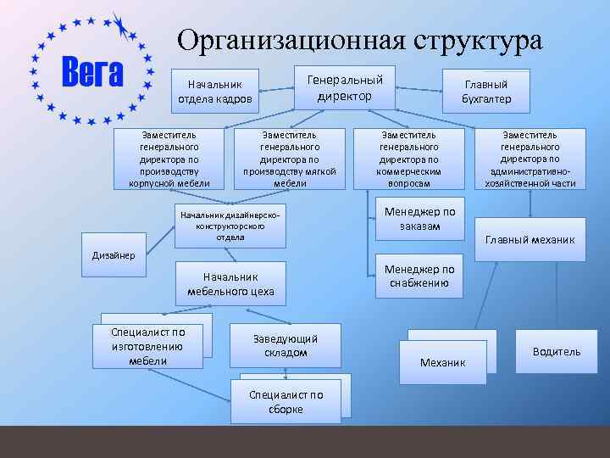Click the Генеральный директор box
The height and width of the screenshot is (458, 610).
click(x=345, y=87)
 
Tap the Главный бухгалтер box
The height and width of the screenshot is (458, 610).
click(x=486, y=92)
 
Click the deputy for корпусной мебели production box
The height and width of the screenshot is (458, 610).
click(x=169, y=159)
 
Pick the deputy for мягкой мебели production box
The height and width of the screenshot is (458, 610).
click(x=290, y=159)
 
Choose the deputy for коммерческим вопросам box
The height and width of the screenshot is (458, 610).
click(x=409, y=159)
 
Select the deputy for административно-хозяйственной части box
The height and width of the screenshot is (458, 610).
click(x=530, y=159)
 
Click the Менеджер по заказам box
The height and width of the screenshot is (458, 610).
click(x=419, y=219)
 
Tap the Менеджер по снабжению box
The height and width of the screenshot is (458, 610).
click(x=419, y=276)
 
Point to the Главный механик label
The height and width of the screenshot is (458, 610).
click(x=530, y=239)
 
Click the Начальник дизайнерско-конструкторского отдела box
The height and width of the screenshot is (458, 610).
click(x=230, y=226)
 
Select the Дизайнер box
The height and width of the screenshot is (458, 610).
click(x=114, y=256)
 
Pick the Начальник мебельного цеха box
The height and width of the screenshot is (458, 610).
click(x=230, y=283)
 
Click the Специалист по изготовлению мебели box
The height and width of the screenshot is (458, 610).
click(x=147, y=346)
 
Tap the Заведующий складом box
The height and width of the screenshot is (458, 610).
click(x=285, y=345)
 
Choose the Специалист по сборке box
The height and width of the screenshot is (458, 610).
click(x=286, y=402)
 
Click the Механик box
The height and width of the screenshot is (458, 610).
click(x=443, y=362)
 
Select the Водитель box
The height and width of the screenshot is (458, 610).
click(x=557, y=351)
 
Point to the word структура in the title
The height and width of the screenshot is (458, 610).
click(x=479, y=40)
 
